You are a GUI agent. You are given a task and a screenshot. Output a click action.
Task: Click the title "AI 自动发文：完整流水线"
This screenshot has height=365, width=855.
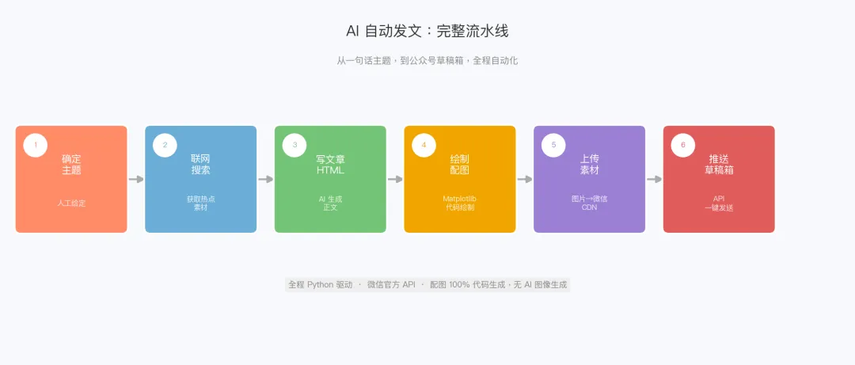pyautogui.click(x=427, y=32)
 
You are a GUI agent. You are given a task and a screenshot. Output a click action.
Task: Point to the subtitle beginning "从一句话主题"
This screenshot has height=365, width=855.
pyautogui.click(x=427, y=60)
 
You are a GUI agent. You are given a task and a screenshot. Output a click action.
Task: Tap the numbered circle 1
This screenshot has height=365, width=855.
pyautogui.click(x=35, y=145)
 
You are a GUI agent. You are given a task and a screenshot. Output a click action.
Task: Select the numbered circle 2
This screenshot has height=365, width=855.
pyautogui.click(x=165, y=145)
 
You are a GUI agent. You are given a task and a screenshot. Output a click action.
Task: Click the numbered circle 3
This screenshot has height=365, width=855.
pyautogui.click(x=294, y=145)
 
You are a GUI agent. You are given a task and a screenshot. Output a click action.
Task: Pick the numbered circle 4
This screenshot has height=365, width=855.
pyautogui.click(x=424, y=145)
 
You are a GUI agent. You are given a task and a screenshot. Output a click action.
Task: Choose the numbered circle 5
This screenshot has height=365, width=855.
pyautogui.click(x=553, y=145)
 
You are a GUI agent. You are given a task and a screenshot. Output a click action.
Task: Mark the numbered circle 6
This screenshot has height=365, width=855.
pyautogui.click(x=682, y=145)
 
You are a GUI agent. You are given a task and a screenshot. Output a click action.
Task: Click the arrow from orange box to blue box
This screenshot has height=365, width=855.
pyautogui.click(x=136, y=179)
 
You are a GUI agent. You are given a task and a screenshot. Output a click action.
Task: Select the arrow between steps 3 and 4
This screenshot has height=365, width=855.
pyautogui.click(x=395, y=179)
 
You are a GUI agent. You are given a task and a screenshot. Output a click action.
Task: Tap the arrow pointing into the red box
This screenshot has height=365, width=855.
pyautogui.click(x=654, y=179)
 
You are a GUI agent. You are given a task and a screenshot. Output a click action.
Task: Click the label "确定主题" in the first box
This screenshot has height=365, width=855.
pyautogui.click(x=71, y=164)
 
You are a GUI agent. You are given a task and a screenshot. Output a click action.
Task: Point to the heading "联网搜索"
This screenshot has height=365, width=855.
pyautogui.click(x=200, y=164)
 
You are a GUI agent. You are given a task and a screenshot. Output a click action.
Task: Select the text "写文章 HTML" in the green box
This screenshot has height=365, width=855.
pyautogui.click(x=330, y=164)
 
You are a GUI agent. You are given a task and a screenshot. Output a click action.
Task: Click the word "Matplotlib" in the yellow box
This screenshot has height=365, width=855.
pyautogui.click(x=459, y=199)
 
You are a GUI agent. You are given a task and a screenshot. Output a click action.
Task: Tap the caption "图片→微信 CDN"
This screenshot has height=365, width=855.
pyautogui.click(x=589, y=203)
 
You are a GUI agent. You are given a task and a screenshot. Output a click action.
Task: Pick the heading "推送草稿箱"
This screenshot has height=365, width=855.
pyautogui.click(x=719, y=164)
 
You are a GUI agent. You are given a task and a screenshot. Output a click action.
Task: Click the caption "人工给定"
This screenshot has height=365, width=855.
pyautogui.click(x=71, y=203)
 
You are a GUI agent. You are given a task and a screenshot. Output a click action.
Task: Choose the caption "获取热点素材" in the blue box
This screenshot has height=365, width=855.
pyautogui.click(x=200, y=203)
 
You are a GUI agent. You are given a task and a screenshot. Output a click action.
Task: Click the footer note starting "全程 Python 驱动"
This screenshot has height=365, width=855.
pyautogui.click(x=427, y=284)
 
